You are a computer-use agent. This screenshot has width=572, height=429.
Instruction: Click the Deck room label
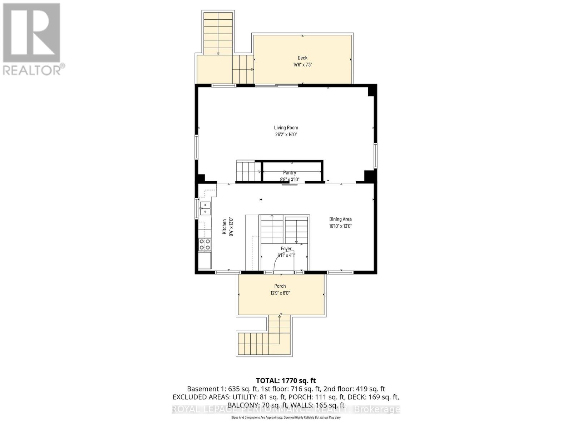pyautogui.click(x=302, y=58)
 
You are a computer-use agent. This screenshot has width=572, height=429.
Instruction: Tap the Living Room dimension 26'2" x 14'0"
pyautogui.click(x=286, y=135)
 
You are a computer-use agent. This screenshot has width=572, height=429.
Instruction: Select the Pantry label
pyautogui.click(x=290, y=173)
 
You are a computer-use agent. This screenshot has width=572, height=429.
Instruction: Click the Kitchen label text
pyautogui.click(x=225, y=227)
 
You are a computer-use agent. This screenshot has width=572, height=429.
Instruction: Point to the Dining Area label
pyautogui.click(x=340, y=219)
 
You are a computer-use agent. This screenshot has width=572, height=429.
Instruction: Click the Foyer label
pyautogui.click(x=286, y=248)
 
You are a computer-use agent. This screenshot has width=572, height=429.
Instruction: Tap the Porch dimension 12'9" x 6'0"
pyautogui.click(x=280, y=293)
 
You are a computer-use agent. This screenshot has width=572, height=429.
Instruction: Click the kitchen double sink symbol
pyautogui.click(x=205, y=208)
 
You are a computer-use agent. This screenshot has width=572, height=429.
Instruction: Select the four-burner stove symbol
pyautogui.click(x=205, y=245)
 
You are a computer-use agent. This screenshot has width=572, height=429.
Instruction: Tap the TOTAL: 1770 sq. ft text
pyautogui.click(x=286, y=381)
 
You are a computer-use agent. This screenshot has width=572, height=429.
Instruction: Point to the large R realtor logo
pyautogui.click(x=31, y=33)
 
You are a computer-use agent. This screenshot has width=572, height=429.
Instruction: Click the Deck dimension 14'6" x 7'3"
pyautogui.click(x=302, y=65)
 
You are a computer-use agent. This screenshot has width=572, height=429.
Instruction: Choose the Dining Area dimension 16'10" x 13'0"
pyautogui.click(x=340, y=226)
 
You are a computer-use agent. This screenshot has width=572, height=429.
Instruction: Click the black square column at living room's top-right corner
pyautogui.click(x=372, y=90)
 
